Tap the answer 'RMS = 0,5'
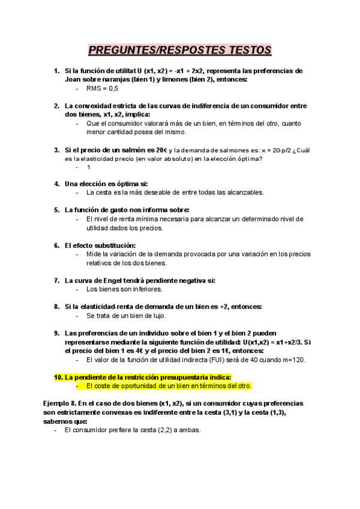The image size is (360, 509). point(102,88)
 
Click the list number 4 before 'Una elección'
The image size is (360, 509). point(56,184)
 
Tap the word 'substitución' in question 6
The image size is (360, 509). point(112,245)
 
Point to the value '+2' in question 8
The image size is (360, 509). point(232,306)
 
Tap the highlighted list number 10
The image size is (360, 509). point(58,377)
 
